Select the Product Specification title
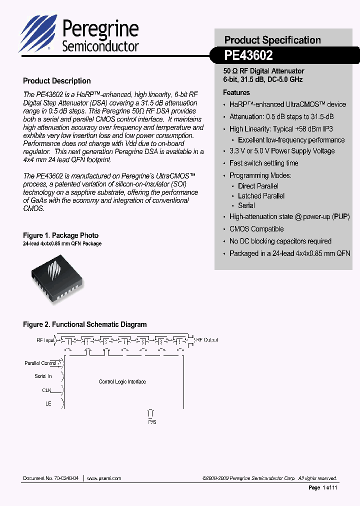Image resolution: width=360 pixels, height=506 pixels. pyautogui.click(x=272, y=40)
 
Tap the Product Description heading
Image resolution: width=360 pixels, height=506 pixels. pyautogui.click(x=57, y=81)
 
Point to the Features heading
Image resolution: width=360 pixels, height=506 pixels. pyautogui.click(x=236, y=92)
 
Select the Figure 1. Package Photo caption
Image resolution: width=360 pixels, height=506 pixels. pyautogui.click(x=60, y=235)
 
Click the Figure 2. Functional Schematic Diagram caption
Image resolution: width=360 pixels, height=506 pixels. pyautogui.click(x=85, y=324)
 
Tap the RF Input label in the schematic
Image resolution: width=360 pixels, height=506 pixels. pyautogui.click(x=45, y=340)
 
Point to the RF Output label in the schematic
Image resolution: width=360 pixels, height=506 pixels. pyautogui.click(x=207, y=340)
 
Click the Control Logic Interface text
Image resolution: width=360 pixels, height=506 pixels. pyautogui.click(x=122, y=382)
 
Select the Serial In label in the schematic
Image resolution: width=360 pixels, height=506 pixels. pyautogui.click(x=43, y=376)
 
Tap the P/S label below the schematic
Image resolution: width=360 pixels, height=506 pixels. pyautogui.click(x=151, y=422)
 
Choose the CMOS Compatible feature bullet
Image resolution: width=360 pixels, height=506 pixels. pyautogui.click(x=256, y=229)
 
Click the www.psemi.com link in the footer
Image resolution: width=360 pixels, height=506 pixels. pyautogui.click(x=104, y=478)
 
